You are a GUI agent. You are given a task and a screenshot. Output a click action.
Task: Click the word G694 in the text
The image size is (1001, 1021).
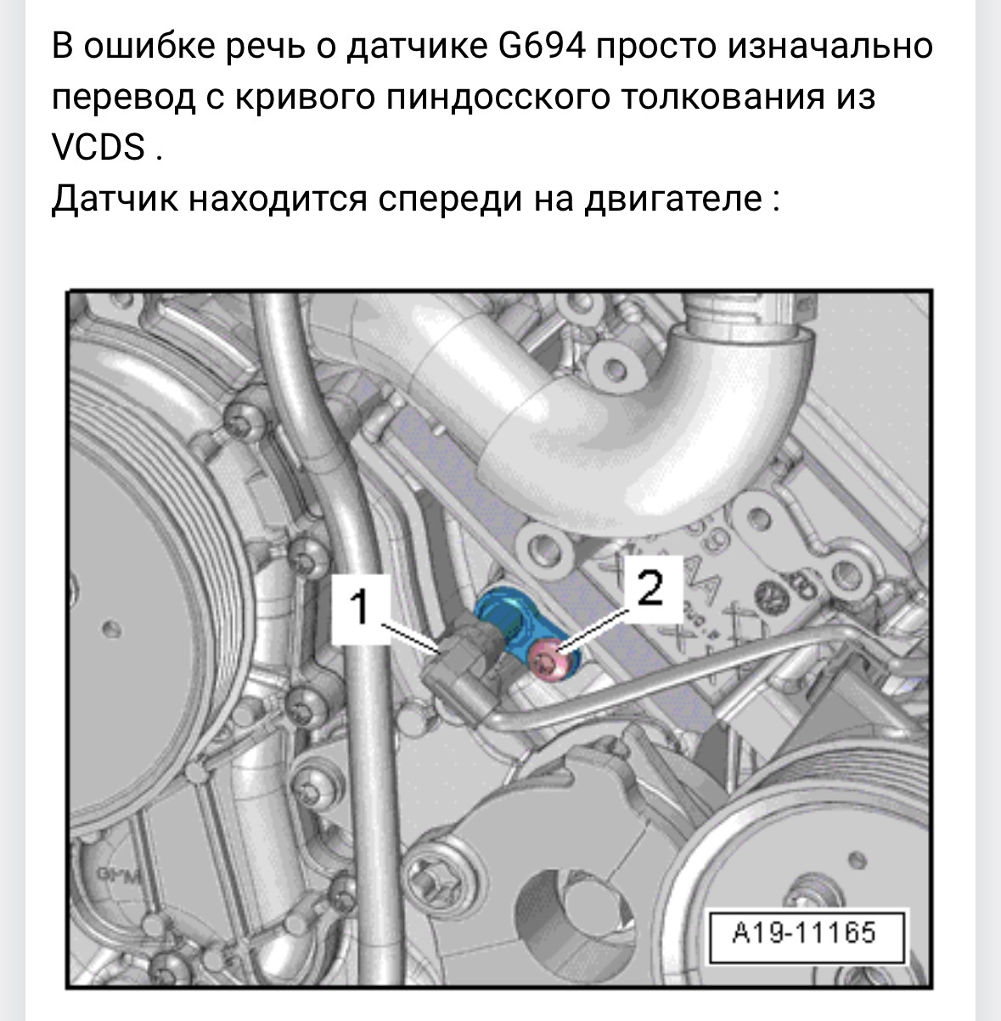(543, 46)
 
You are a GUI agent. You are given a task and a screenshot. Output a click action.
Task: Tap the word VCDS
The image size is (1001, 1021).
(98, 146)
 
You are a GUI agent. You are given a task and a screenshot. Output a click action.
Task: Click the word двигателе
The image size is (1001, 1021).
(673, 200)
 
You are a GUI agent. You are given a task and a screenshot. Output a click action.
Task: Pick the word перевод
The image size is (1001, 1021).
(123, 98)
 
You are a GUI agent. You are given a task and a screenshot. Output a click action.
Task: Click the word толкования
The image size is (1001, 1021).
(720, 98)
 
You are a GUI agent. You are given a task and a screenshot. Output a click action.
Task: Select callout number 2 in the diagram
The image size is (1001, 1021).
(650, 588)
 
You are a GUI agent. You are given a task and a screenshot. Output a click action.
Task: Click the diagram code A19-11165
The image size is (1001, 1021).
(804, 933)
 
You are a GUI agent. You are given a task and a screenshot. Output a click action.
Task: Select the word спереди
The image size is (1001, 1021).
(450, 200)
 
